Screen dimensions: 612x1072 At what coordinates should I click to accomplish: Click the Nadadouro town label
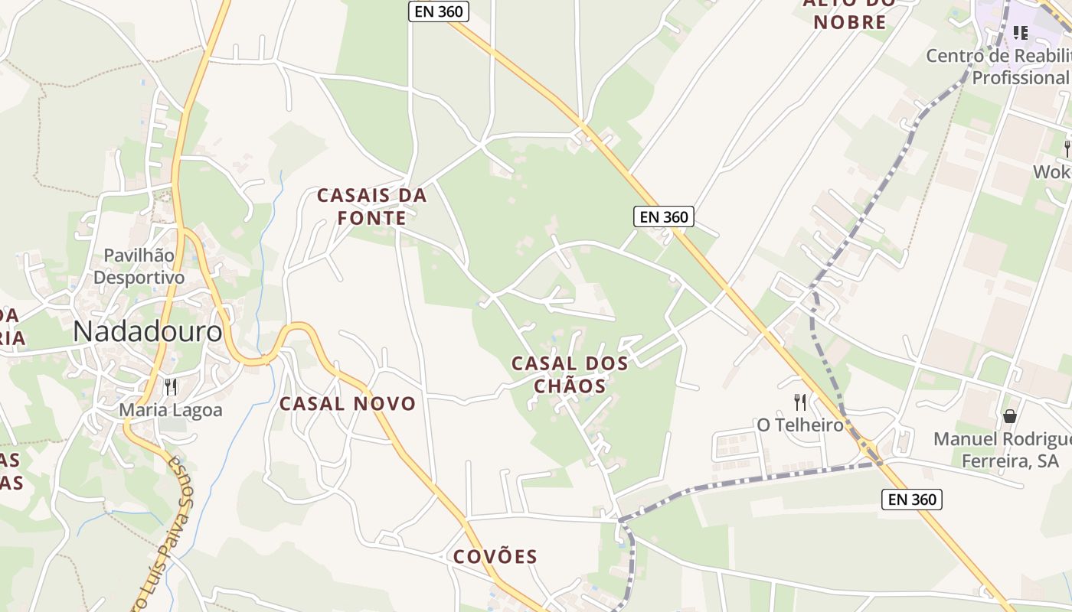tap(149, 332)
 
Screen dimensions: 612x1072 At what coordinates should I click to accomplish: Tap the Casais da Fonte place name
tap(371, 207)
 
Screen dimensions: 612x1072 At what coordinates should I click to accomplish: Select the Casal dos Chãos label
tap(570, 374)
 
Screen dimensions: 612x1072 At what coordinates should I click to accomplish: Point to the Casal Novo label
tap(348, 403)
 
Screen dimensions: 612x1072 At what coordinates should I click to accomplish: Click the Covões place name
tap(495, 556)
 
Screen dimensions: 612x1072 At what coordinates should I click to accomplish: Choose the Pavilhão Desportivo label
tap(139, 266)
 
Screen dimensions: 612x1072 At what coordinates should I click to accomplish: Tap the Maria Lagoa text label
tap(171, 410)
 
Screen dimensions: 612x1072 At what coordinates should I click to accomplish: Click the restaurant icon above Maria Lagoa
tap(171, 387)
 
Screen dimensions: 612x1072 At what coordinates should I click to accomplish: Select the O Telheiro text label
tap(800, 425)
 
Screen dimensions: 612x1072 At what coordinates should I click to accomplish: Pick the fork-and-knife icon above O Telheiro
tap(800, 402)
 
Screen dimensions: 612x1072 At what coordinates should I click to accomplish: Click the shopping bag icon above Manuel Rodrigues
tap(1010, 416)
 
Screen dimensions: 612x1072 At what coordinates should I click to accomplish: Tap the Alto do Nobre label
tap(850, 15)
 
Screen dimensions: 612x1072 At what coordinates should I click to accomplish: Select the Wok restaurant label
tap(1052, 172)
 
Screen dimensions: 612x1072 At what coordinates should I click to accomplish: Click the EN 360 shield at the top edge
tap(439, 11)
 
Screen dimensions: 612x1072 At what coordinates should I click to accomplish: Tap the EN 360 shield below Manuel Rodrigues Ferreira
tap(911, 500)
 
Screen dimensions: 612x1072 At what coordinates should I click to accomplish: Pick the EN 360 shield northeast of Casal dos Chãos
tap(664, 216)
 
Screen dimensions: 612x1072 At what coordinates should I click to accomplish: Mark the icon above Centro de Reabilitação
tap(1020, 32)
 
